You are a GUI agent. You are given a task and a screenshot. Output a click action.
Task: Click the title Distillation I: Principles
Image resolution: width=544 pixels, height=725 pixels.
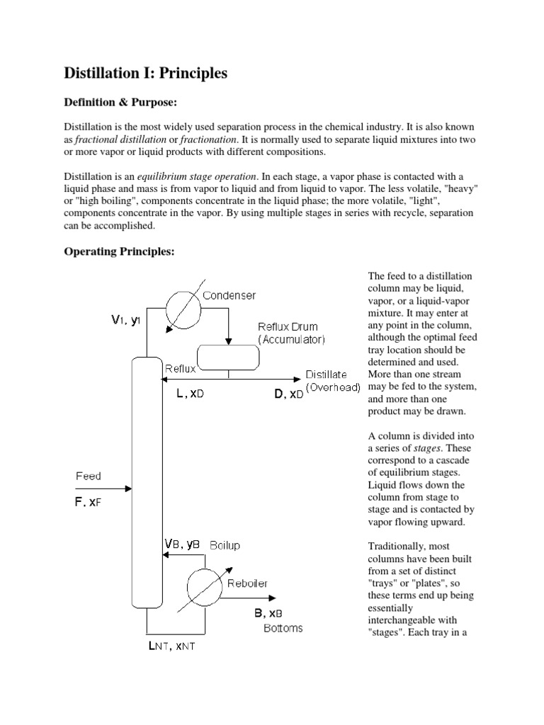146,74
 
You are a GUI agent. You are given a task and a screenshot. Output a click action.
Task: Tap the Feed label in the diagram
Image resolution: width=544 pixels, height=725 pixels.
89,476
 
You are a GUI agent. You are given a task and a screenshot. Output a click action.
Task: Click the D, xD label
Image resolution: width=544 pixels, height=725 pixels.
288,394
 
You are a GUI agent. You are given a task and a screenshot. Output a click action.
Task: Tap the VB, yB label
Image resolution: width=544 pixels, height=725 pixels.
182,544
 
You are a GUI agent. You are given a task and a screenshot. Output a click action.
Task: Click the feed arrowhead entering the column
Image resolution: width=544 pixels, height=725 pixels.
128,488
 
